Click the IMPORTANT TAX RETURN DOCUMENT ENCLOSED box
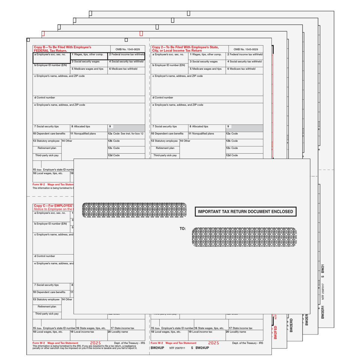(x=245, y=212)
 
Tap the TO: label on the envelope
(x=183, y=228)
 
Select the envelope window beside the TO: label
(x=244, y=238)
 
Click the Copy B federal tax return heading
(x=63, y=49)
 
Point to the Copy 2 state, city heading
(x=185, y=49)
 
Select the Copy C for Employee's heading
(x=52, y=207)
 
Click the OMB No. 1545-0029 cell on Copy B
(x=127, y=49)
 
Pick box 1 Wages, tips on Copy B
(x=88, y=55)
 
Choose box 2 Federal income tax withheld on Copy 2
(x=244, y=55)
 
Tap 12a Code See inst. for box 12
(x=126, y=134)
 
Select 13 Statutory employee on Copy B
(x=46, y=141)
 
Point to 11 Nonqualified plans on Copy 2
(x=201, y=134)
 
